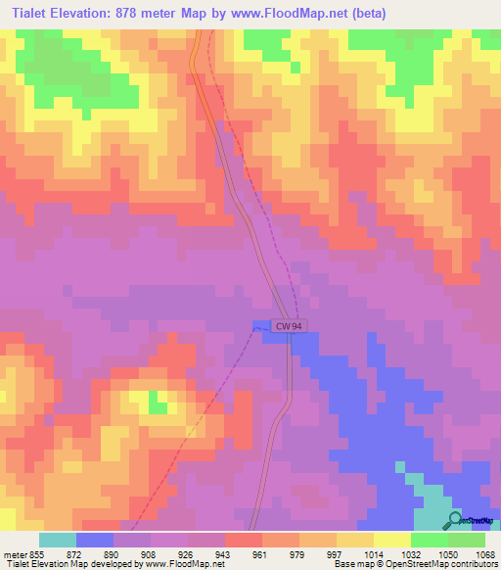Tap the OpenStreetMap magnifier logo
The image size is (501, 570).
point(455,520)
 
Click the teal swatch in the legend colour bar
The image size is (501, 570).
point(58,540)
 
